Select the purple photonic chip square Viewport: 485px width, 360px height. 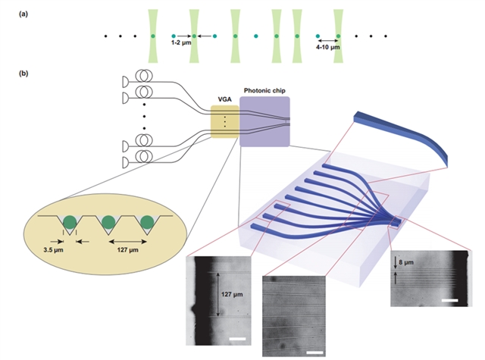tap(264, 121)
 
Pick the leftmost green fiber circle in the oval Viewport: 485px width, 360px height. tap(70, 221)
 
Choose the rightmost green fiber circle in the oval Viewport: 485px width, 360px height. tap(148, 221)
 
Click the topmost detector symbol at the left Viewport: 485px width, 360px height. tap(125, 81)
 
